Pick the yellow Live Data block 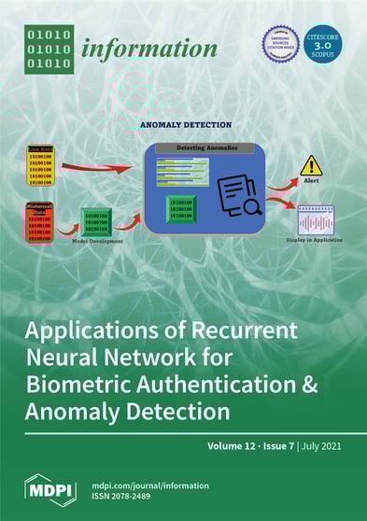click(40, 164)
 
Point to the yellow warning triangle click(311, 166)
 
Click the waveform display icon click(316, 221)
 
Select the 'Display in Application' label click(316, 241)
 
